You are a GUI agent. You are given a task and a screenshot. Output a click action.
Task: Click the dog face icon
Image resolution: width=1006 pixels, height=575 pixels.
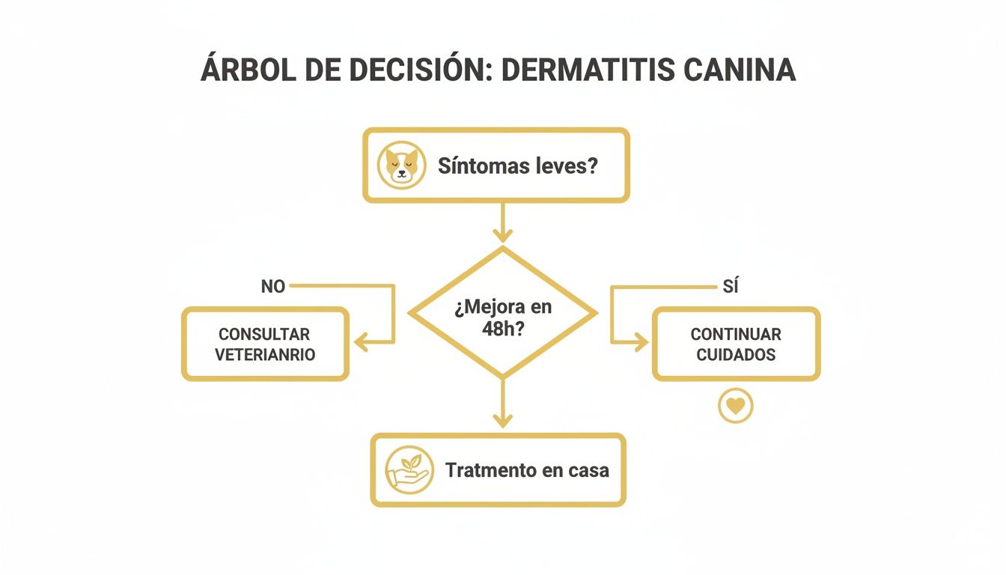(x=402, y=165)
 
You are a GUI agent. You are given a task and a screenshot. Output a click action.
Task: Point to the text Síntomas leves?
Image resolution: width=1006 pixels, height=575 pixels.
(x=517, y=165)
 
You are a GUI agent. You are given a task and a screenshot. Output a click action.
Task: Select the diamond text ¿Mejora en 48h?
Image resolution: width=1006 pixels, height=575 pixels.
(x=502, y=317)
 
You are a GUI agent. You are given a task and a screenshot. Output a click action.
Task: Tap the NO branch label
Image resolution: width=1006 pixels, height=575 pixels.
(x=272, y=287)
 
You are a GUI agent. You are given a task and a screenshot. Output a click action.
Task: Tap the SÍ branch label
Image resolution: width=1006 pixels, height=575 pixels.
(x=731, y=287)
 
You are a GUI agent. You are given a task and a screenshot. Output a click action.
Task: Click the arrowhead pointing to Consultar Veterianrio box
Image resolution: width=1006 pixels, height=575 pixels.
(x=361, y=343)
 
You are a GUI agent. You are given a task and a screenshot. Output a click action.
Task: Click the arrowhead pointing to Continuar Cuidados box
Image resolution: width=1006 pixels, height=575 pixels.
(x=641, y=343)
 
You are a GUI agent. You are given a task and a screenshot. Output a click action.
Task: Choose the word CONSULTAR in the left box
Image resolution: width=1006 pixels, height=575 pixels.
(x=264, y=334)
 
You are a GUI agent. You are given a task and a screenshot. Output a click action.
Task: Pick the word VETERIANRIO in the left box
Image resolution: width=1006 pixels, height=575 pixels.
(x=265, y=354)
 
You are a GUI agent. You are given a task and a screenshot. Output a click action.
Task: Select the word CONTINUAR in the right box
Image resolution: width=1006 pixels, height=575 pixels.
(x=736, y=334)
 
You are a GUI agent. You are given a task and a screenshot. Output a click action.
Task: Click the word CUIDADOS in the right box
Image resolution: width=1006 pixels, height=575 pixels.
(x=736, y=354)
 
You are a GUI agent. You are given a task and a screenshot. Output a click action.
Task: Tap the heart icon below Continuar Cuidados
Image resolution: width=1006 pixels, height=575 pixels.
(x=736, y=406)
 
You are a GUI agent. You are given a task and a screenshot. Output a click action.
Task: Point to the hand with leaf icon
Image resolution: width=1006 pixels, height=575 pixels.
(x=409, y=470)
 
